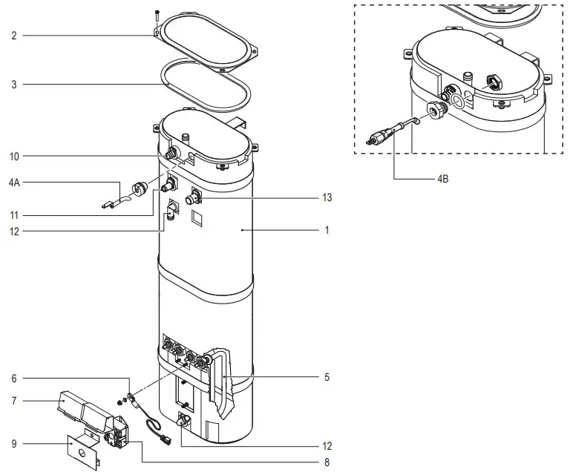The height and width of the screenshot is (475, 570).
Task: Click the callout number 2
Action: (14, 36)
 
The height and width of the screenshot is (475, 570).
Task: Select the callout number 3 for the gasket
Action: (14, 85)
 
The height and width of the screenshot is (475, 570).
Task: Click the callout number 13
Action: (327, 198)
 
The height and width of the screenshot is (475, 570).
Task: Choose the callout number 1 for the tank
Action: (327, 231)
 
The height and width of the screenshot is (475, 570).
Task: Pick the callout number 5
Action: (327, 378)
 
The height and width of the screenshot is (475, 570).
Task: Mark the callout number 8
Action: (327, 462)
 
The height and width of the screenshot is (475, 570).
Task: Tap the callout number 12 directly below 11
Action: (16, 232)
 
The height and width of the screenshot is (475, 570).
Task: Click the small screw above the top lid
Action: (157, 13)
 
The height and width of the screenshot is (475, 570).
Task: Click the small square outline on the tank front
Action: (196, 218)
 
